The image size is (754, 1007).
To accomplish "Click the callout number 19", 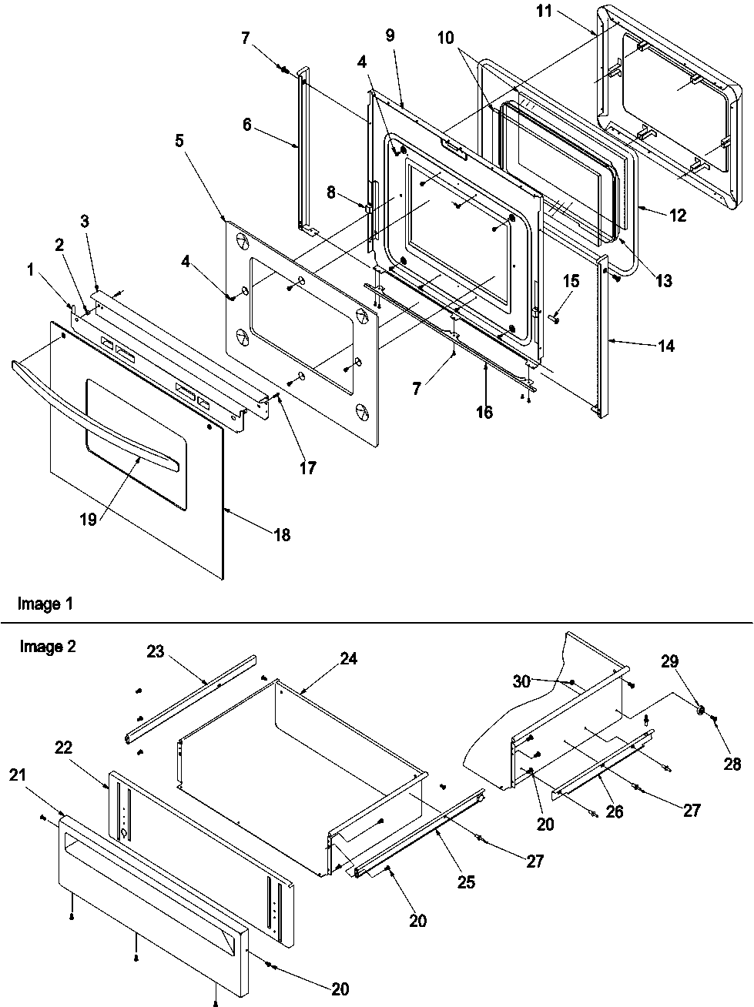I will (x=88, y=520).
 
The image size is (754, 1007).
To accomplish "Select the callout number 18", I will (x=282, y=534).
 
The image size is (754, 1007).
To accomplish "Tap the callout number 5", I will (x=179, y=140).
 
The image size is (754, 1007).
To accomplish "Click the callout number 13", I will (x=663, y=281).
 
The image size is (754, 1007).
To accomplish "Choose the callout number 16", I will (x=484, y=412).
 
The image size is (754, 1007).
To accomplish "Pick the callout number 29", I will (x=669, y=661).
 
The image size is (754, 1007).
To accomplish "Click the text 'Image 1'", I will (x=45, y=604).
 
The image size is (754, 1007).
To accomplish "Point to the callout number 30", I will (x=522, y=681).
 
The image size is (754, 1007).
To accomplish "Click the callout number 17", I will (x=307, y=467).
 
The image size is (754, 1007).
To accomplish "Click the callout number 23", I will (x=155, y=651).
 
